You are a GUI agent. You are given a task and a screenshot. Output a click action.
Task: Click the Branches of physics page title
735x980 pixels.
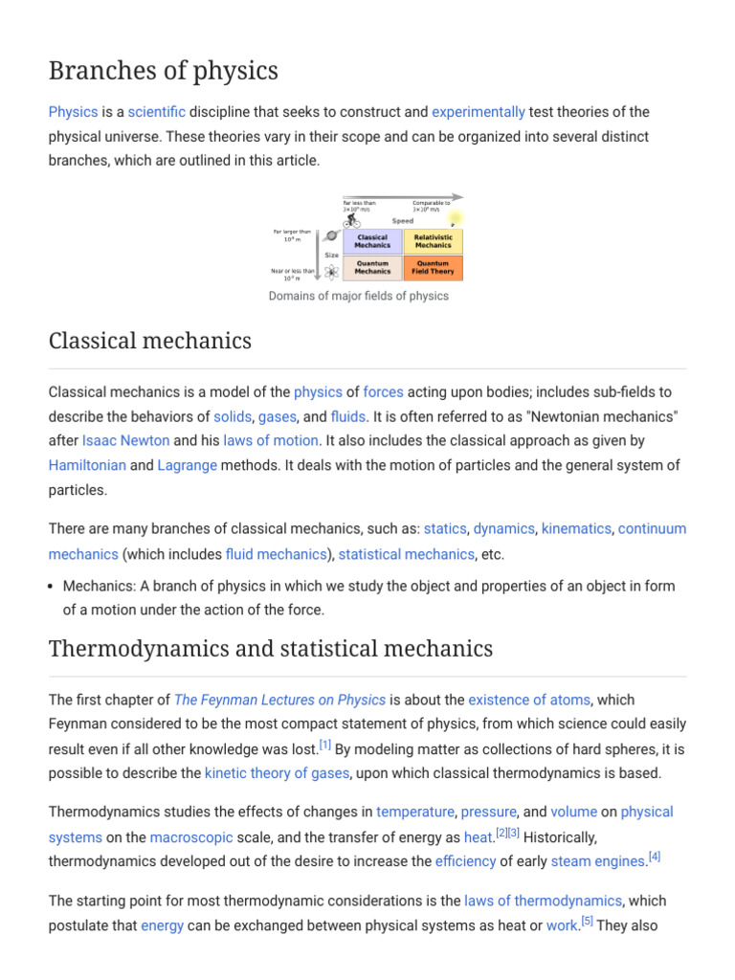[164, 71]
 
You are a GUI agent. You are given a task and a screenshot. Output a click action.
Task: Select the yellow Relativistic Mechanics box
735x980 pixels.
[433, 240]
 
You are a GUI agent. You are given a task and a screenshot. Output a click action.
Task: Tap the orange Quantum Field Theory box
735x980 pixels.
[433, 267]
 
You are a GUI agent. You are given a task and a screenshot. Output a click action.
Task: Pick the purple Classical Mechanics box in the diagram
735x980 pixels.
[372, 240]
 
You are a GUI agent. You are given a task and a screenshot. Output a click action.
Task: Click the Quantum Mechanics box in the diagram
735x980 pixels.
[372, 267]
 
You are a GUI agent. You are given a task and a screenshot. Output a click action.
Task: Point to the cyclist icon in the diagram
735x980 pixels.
[352, 221]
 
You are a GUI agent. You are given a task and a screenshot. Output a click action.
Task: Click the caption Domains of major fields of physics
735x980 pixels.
[358, 296]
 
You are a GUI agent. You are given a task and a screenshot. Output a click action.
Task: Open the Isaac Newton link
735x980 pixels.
[125, 440]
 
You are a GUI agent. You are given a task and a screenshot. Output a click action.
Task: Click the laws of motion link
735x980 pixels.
[271, 440]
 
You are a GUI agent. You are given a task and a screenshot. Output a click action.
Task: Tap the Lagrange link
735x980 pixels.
[188, 465]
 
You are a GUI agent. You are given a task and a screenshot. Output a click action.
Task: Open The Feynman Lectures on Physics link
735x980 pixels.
[280, 700]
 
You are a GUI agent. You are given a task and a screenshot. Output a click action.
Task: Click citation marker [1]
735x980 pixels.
[325, 744]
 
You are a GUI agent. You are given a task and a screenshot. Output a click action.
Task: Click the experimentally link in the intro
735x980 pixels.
[479, 112]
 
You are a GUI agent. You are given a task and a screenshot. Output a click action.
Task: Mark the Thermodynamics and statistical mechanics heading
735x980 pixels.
[271, 649]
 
